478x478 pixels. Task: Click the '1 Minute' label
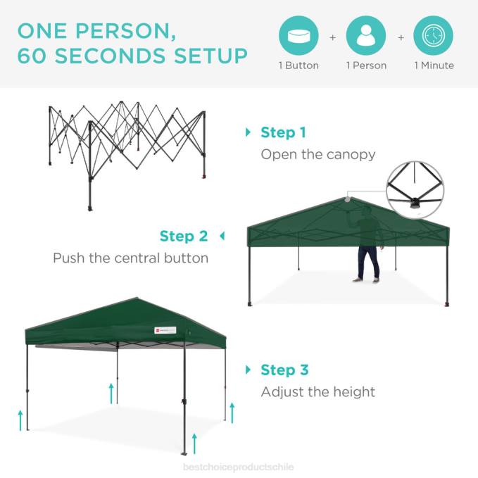tap(434, 65)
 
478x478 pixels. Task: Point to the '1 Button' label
tap(298, 65)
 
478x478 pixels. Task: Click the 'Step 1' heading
tap(283, 132)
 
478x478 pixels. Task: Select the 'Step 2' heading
tap(184, 236)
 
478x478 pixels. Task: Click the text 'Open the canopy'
tap(318, 154)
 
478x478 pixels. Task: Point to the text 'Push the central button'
tap(131, 258)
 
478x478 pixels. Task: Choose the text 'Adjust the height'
tap(318, 392)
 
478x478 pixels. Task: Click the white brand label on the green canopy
tap(167, 329)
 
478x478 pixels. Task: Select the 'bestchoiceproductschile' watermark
tap(238, 467)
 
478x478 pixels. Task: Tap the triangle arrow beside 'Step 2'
tap(222, 236)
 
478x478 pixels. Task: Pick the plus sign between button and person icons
tap(332, 37)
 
